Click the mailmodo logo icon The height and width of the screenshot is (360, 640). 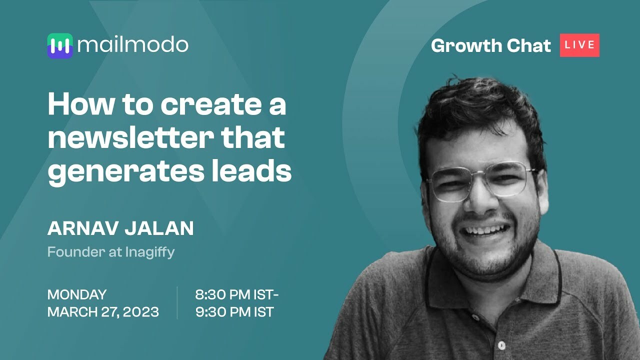[60, 45]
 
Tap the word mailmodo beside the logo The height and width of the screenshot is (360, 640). [133, 45]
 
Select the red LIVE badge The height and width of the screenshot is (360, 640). [579, 45]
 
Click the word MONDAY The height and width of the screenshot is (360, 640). [77, 294]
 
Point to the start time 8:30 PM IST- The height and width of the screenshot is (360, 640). [236, 294]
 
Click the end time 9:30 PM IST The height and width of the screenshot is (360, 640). [234, 312]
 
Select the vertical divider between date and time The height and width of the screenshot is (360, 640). [177, 303]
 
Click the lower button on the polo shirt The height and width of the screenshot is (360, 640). [501, 344]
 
